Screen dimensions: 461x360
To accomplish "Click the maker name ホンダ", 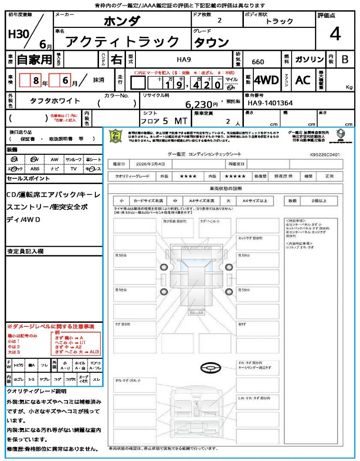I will [x=122, y=21].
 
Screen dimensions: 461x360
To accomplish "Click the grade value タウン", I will [x=211, y=42].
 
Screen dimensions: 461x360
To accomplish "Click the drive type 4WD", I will [x=266, y=80].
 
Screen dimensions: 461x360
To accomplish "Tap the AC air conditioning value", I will [x=303, y=80].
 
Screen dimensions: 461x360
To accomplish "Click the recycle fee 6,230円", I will [x=202, y=104].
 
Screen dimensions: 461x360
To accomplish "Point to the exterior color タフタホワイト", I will [x=49, y=101].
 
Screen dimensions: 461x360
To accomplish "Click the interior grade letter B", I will [x=345, y=59].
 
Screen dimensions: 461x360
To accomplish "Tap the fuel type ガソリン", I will [x=309, y=59].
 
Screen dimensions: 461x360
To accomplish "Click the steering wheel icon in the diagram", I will [x=210, y=368].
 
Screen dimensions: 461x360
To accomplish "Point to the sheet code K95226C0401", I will [x=325, y=154].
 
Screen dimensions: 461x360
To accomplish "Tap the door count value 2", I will [x=219, y=21].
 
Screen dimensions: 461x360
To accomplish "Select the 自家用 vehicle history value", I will [x=34, y=59].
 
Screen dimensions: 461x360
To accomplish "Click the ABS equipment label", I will [x=35, y=169].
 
